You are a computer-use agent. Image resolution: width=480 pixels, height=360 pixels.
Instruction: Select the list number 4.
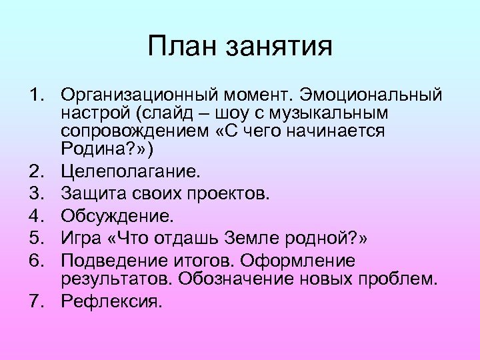pos(34,215)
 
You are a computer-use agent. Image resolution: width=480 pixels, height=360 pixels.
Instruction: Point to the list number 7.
pos(34,302)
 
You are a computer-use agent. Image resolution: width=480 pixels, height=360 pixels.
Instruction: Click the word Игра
pos(81,237)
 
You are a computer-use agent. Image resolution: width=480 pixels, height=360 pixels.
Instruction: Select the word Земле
pos(263,237)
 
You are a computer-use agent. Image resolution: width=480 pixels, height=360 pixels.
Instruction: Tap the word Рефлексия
pos(111,302)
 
